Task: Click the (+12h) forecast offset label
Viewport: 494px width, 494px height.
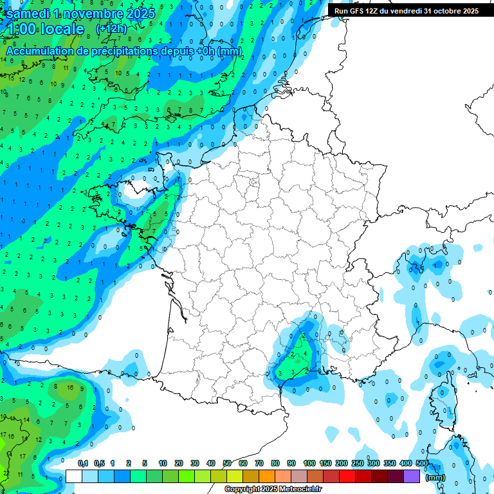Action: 111,28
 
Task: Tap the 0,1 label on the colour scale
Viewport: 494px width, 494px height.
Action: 83,463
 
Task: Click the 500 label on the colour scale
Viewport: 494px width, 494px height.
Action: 422,463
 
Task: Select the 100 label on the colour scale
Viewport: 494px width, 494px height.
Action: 309,463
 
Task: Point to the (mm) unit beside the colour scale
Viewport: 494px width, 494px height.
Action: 435,477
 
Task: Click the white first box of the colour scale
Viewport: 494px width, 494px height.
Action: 74,477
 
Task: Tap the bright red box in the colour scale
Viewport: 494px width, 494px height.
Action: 347,477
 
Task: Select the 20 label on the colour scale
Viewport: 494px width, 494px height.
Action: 179,463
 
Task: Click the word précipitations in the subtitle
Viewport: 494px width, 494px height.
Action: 116,51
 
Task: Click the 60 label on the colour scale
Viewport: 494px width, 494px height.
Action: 243,463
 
